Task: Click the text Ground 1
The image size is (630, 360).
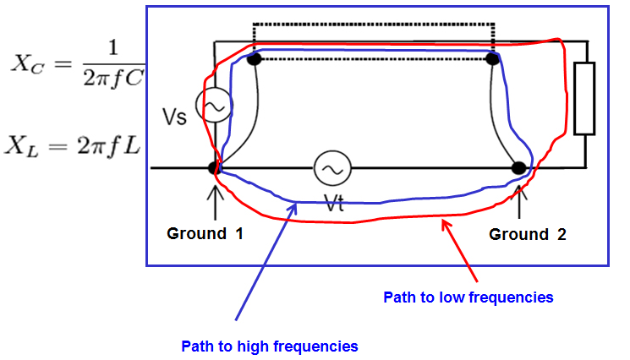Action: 205,234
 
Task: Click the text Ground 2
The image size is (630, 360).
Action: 528,234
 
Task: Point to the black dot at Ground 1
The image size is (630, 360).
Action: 216,168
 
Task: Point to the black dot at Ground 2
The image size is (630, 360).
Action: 519,167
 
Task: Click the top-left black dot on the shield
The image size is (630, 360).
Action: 253,58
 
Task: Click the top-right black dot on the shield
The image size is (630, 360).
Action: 492,58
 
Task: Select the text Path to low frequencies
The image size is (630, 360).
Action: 468,297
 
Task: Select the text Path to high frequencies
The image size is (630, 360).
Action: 270,346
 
